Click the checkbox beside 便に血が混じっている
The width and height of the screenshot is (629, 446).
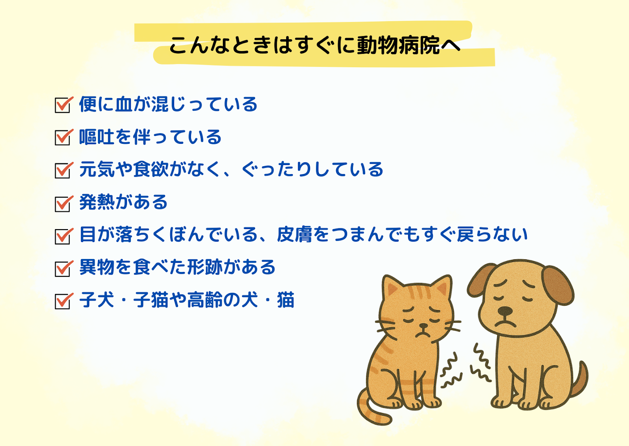(x=63, y=105)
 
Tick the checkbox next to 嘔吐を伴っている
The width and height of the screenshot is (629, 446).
(x=63, y=138)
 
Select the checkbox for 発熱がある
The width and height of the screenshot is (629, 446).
(x=63, y=204)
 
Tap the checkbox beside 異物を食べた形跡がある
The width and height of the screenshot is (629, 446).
(x=63, y=269)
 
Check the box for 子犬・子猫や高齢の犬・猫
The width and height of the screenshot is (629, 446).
(x=63, y=301)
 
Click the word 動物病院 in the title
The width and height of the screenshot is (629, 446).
(x=398, y=45)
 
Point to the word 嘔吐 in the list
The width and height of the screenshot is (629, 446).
(x=97, y=137)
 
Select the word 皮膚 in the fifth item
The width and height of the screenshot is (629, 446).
(x=294, y=234)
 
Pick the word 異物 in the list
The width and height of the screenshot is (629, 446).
(x=97, y=267)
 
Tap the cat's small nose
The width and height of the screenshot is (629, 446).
(x=423, y=326)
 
